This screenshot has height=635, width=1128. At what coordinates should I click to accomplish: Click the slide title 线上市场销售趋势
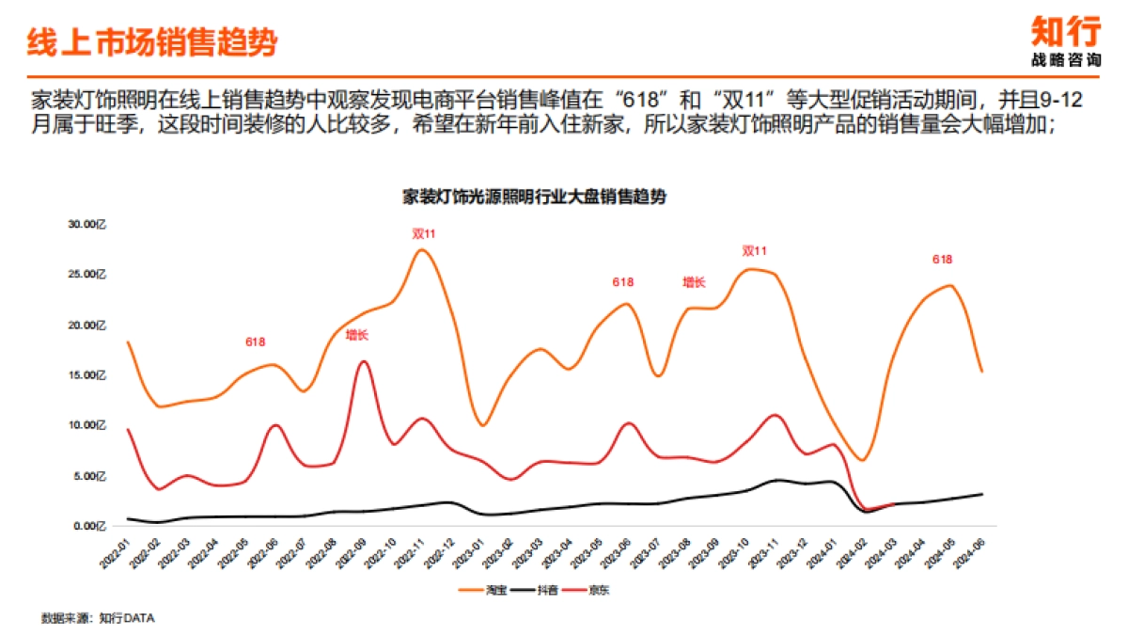[152, 43]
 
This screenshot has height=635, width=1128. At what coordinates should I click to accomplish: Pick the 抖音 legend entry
[548, 591]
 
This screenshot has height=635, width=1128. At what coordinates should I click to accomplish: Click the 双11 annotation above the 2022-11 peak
[424, 232]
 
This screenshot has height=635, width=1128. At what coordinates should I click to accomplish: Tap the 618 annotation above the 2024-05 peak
[942, 259]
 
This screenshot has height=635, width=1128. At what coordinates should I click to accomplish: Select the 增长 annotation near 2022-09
[357, 333]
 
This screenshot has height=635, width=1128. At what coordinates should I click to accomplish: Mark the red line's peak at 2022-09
[364, 361]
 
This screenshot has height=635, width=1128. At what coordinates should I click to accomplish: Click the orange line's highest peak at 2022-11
[422, 249]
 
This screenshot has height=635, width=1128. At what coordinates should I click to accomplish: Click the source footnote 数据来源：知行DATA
[98, 618]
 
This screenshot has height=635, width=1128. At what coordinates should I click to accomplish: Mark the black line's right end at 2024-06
[982, 494]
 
